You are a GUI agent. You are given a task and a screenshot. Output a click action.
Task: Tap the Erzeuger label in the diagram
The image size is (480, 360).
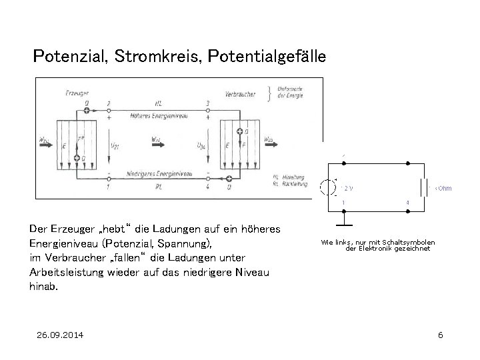pos(79,92)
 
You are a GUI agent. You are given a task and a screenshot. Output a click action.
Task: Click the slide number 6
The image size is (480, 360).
pos(440,334)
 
